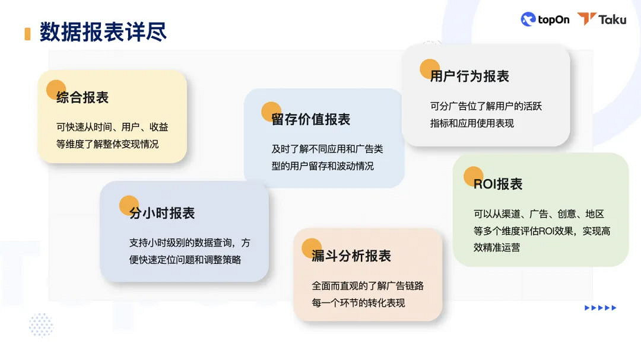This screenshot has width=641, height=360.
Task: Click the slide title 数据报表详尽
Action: [103, 32]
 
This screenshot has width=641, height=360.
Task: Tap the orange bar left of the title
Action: [27, 33]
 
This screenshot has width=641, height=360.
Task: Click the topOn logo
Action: [545, 20]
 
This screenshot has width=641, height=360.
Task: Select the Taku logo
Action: [602, 20]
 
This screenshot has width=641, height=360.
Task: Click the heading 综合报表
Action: [82, 98]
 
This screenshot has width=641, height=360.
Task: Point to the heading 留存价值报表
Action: [310, 119]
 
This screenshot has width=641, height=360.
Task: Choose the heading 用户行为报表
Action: [469, 76]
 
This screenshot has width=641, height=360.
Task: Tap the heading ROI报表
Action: [497, 184]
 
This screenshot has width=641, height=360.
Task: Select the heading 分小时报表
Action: [162, 214]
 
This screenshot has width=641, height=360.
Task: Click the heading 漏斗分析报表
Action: [351, 256]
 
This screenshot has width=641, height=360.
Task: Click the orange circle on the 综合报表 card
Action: [56, 90]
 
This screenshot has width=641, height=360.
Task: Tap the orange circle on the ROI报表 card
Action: [473, 176]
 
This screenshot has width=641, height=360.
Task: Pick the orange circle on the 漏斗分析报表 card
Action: [312, 248]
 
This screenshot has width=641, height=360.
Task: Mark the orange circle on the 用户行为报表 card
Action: [430, 69]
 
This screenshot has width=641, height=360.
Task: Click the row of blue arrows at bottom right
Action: [600, 308]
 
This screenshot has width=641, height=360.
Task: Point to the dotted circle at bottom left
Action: [41, 324]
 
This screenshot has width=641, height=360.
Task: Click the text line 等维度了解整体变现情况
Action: [107, 144]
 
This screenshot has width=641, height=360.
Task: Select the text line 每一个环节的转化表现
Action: [358, 302]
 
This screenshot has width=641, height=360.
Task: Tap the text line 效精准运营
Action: [496, 247]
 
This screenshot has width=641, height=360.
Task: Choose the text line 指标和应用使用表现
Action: [472, 123]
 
